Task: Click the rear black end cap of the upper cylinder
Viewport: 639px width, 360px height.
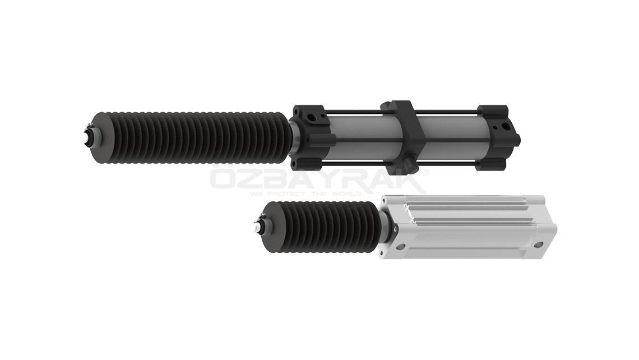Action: (x=499, y=137)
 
